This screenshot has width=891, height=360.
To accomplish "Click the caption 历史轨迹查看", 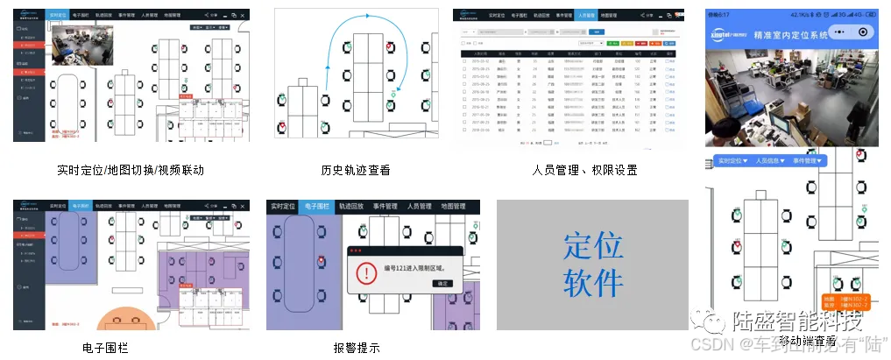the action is point(356,170).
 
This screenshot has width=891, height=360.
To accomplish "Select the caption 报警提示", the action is point(357,348).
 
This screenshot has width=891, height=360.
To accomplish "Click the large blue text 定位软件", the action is point(593,265).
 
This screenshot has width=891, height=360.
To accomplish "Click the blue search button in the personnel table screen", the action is point(598,32).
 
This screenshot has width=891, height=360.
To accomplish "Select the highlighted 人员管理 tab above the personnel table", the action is point(586,15).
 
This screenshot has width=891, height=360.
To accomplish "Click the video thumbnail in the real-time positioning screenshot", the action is point(76,44).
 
